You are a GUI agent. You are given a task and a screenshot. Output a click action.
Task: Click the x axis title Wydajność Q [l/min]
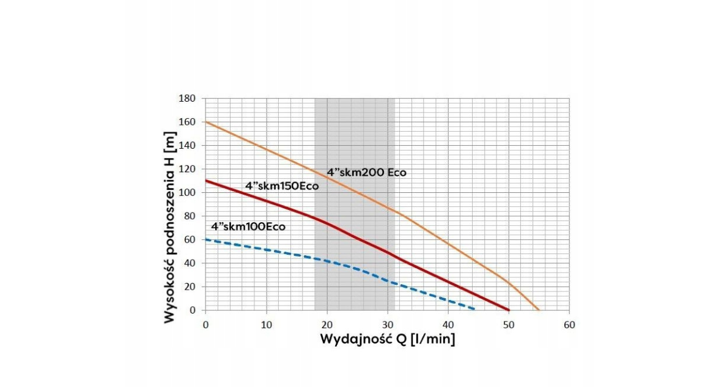[387, 339]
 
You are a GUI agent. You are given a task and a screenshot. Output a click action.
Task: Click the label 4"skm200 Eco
[366, 173]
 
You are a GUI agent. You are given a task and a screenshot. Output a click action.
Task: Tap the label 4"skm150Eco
[282, 186]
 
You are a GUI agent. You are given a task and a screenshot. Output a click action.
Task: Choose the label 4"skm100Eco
[248, 227]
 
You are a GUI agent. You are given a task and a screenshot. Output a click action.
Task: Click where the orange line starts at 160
[205, 122]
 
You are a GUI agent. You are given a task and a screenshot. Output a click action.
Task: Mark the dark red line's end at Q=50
[509, 310]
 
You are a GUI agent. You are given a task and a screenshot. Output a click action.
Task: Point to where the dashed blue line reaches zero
[475, 309]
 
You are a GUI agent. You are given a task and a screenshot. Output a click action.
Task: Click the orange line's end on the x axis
[539, 310]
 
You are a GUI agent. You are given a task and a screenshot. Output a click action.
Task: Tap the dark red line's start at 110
[205, 181]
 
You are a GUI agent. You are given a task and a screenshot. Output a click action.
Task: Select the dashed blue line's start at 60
[205, 239]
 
